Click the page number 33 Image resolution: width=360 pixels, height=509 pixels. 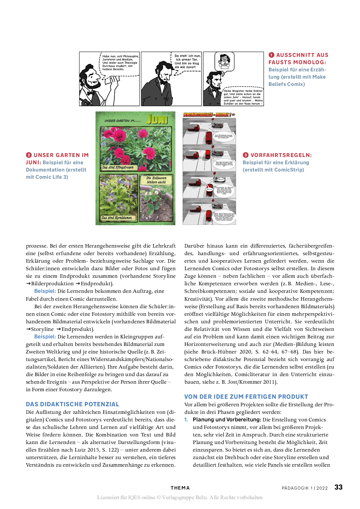(338, 487)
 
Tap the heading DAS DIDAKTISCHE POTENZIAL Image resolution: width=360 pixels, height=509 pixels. (72, 404)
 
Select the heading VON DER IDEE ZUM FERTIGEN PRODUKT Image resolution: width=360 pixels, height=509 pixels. (246, 397)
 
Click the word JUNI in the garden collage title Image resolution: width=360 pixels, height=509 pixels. (157, 119)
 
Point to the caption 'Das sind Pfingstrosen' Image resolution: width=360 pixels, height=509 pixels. (118, 167)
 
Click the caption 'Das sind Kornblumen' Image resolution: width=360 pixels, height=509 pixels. (117, 218)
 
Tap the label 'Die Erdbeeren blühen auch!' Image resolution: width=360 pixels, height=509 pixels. (156, 180)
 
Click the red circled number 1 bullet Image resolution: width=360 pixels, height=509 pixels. (271, 55)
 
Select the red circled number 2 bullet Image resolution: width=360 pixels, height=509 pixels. (29, 155)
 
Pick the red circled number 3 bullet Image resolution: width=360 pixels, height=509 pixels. (246, 155)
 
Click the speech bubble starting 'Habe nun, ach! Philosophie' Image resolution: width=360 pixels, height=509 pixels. (120, 63)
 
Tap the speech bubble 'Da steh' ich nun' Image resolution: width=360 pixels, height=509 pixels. (187, 61)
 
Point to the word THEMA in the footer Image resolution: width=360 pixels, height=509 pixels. (180, 488)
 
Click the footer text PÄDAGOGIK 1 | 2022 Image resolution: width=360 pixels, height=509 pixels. (305, 488)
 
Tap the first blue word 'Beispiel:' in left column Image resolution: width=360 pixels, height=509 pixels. (45, 291)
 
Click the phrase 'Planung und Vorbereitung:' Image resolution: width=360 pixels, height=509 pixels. (227, 420)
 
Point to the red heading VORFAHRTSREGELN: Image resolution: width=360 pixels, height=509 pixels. (281, 155)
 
